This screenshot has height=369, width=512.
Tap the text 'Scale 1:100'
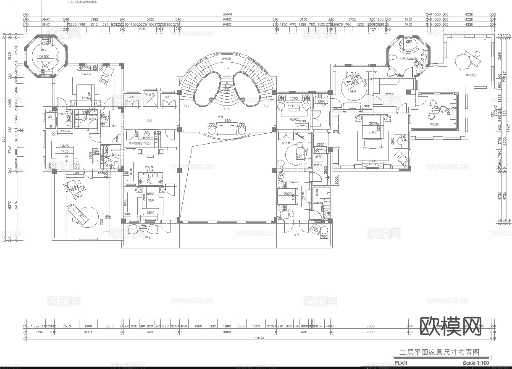[x=475, y=363]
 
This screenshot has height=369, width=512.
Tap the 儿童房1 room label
[x=293, y=182]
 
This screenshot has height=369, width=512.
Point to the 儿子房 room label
[x=372, y=132]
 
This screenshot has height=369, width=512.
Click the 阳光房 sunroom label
[x=434, y=124]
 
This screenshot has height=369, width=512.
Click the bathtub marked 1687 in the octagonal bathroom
[x=407, y=42]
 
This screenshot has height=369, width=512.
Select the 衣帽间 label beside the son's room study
[x=389, y=94]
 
